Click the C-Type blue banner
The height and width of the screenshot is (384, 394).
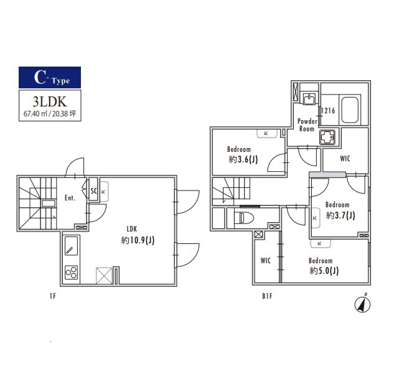click(50, 77)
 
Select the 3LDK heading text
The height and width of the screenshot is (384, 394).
click(50, 101)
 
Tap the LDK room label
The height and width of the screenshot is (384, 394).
click(132, 229)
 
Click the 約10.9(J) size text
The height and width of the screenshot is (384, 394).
click(138, 240)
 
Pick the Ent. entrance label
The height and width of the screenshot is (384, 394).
click(70, 198)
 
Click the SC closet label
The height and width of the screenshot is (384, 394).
click(93, 191)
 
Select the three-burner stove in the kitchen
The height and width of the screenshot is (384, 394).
click(72, 273)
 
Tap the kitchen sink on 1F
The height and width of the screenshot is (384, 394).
click(72, 246)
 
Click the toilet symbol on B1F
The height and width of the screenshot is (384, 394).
click(243, 218)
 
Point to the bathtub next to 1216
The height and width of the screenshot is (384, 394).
click(350, 110)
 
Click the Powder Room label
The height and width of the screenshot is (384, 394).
click(307, 125)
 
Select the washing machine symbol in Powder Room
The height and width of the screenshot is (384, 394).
click(327, 137)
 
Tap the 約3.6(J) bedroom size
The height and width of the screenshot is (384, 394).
click(243, 159)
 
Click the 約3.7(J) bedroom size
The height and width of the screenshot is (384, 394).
click(340, 215)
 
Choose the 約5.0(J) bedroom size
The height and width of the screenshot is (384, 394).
click(324, 271)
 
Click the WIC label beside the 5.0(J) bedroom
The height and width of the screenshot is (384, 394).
click(266, 261)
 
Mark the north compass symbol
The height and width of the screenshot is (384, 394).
click(362, 304)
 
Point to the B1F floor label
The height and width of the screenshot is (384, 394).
click(268, 296)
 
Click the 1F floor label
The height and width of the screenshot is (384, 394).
click(53, 296)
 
